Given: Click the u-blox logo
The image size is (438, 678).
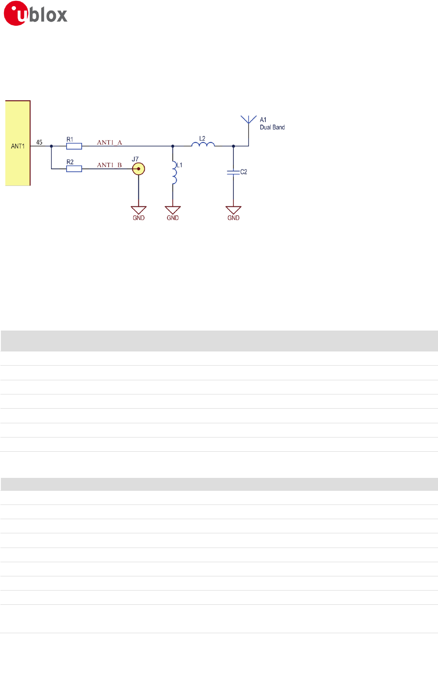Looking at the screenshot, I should [36, 14].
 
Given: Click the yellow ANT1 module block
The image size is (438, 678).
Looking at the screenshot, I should [18, 143].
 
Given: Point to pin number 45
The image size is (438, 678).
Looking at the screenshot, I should [39, 142].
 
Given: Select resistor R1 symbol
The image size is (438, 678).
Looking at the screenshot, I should [74, 146].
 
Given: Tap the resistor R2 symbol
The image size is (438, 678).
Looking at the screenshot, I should [74, 169].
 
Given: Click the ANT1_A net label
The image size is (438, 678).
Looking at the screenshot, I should [110, 142].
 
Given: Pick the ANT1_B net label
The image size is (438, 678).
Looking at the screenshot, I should [110, 165].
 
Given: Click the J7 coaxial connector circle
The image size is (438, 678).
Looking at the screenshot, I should [138, 169].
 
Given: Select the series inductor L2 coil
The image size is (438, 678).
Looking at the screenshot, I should [203, 144].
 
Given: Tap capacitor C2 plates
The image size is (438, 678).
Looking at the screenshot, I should [233, 172].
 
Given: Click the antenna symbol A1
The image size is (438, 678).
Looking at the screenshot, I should [249, 120].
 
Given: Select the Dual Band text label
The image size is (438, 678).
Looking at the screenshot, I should [272, 127].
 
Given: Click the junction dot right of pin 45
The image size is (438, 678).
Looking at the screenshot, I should [51, 146].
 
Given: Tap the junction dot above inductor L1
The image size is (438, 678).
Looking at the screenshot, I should [173, 146].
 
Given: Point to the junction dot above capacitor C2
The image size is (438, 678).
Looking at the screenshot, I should [233, 146].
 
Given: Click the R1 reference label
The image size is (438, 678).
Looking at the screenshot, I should [70, 139].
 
